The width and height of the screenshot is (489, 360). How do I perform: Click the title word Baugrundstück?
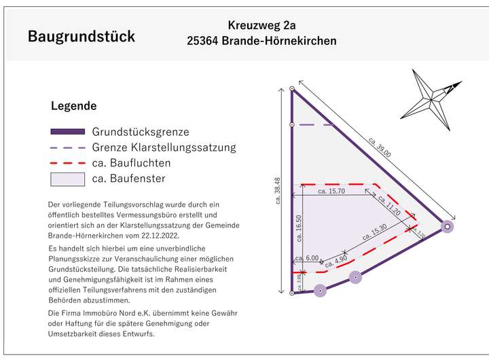coord(81,36)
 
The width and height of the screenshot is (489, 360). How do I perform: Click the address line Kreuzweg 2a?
coord(261,26)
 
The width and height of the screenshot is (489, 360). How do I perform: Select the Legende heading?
coord(74,106)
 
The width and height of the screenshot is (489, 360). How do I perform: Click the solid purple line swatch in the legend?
coord(68,131)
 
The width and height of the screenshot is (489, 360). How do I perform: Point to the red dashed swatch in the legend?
coord(68,163)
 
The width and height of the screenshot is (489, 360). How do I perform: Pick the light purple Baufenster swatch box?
coord(68,179)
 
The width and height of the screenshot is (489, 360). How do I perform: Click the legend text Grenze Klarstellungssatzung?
coord(164,147)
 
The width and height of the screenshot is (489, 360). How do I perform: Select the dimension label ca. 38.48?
coord(276,192)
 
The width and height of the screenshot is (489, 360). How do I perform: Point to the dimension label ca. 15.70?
coord(331,192)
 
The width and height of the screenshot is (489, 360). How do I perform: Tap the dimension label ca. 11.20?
coord(389,204)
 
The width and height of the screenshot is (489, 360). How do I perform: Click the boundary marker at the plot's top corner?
coord(292,88)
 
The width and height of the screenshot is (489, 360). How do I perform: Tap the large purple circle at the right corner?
coord(447,226)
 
